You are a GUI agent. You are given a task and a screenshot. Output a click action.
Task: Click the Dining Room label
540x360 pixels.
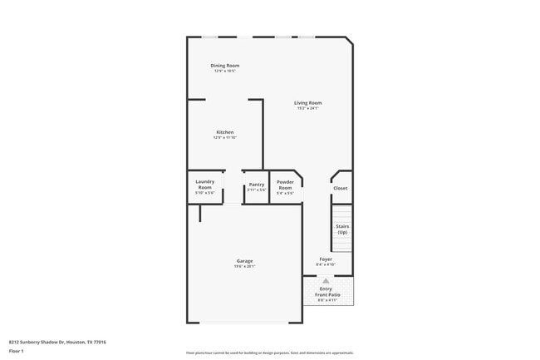point(224,66)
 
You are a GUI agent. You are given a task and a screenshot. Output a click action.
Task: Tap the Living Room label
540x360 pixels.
point(307,103)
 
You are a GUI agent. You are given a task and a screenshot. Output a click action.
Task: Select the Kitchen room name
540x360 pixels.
point(224,132)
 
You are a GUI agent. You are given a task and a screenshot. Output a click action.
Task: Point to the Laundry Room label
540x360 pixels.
point(204,185)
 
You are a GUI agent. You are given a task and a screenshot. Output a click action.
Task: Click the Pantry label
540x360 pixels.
point(257,185)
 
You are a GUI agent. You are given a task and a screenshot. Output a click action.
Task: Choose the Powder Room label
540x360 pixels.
point(285,185)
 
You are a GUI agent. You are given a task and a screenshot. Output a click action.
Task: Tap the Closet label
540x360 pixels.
point(341,188)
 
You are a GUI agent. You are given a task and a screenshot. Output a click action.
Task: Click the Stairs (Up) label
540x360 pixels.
point(342,229)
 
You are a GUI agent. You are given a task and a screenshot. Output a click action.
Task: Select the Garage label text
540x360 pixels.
point(244,261)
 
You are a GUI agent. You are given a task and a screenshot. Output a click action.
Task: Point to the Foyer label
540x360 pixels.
point(326,259)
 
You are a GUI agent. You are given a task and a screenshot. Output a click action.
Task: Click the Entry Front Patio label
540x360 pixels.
point(326,292)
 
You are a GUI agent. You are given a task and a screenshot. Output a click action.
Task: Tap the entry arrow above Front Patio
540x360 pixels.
point(326,281)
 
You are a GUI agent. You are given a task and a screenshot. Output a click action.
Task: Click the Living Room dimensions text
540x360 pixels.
point(307,108)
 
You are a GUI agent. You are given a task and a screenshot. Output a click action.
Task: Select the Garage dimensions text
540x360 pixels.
point(244,266)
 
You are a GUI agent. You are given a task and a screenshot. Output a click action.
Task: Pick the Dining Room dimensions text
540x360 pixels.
point(224,71)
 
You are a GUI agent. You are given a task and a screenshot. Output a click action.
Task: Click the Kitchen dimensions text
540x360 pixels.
point(224,137)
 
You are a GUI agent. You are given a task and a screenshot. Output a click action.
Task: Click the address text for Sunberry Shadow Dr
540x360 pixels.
point(57,342)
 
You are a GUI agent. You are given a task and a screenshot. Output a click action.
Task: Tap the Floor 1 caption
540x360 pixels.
point(16,351)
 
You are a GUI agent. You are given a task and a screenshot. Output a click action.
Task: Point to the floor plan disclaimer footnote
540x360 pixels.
point(269,353)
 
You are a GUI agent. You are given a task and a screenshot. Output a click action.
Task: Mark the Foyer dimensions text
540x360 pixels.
point(326,264)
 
